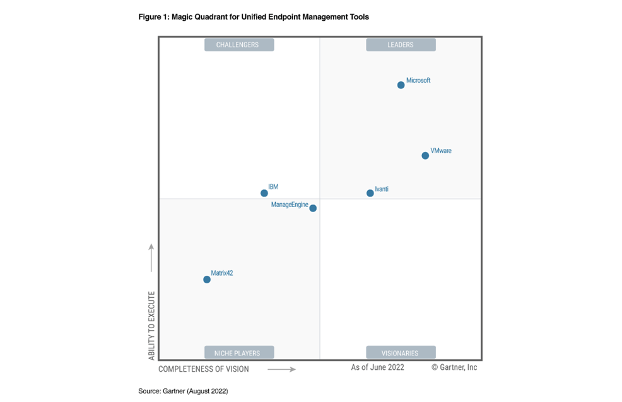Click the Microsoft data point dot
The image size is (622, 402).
pos(401,85)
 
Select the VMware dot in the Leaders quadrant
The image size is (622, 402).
pos(425,156)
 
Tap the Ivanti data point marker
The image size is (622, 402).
pos(370,193)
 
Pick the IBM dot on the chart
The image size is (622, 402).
pos(264,193)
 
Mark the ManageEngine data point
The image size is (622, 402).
pos(313,208)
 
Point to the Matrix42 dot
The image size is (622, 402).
pos(207,280)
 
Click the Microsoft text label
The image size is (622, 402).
pos(418,81)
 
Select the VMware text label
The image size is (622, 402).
pos(441,151)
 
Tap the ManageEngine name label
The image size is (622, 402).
pos(290,204)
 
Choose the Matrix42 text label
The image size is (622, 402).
pos(222,273)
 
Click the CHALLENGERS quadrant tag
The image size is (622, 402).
pos(238,45)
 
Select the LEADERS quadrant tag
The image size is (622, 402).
pos(401,45)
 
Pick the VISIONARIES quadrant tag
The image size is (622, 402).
pos(401,353)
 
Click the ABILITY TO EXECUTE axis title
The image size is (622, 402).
pos(151,326)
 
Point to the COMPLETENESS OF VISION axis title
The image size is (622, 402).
pos(204,369)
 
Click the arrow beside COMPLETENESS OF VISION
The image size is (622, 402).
pos(281,369)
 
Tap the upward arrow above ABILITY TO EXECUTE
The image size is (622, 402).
pos(151,257)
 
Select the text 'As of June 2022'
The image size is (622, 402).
pos(377,367)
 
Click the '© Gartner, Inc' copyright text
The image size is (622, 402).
pos(454,367)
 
